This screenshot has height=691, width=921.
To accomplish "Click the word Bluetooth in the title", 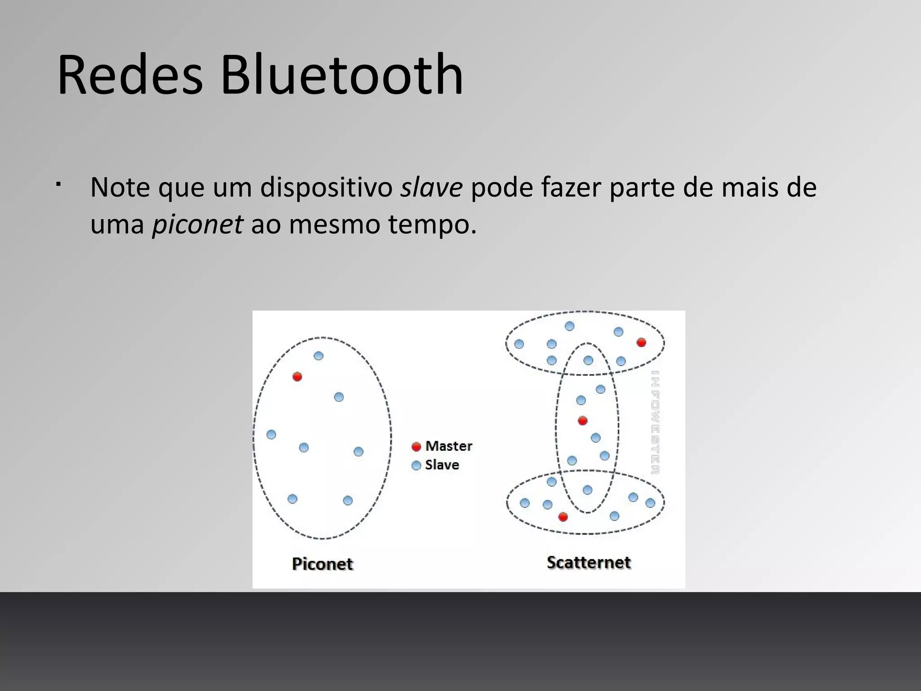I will tap(342, 75).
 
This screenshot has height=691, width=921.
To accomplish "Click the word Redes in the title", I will tap(130, 75).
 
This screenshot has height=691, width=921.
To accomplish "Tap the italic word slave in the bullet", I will tap(431, 187).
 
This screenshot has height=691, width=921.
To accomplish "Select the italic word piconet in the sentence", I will tap(197, 224).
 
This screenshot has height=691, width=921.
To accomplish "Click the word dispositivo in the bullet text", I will tap(326, 187).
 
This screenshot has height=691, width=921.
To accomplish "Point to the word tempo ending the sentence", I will tap(431, 224).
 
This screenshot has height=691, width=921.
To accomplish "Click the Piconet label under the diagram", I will tap(322, 564).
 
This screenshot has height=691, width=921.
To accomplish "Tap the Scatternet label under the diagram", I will tap(589, 562).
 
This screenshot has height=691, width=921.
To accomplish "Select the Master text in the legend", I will tap(449, 446).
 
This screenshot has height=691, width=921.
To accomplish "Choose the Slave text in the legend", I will tap(442, 465).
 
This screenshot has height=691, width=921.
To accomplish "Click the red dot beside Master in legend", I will tap(416, 446).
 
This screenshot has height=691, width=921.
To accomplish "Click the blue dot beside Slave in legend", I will tap(416, 465).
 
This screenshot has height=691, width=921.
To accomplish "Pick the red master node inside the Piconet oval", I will tap(297, 377).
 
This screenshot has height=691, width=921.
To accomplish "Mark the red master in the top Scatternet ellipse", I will tap(641, 342).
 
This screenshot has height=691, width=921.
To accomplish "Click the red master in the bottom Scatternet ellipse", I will tap(563, 517).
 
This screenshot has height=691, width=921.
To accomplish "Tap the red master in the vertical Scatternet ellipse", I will tap(582, 421).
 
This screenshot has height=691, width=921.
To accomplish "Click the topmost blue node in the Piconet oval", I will tap(318, 356).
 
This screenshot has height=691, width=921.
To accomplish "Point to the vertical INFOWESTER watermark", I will tap(655, 422).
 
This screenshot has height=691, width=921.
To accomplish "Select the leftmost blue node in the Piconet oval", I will tap(271, 435).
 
